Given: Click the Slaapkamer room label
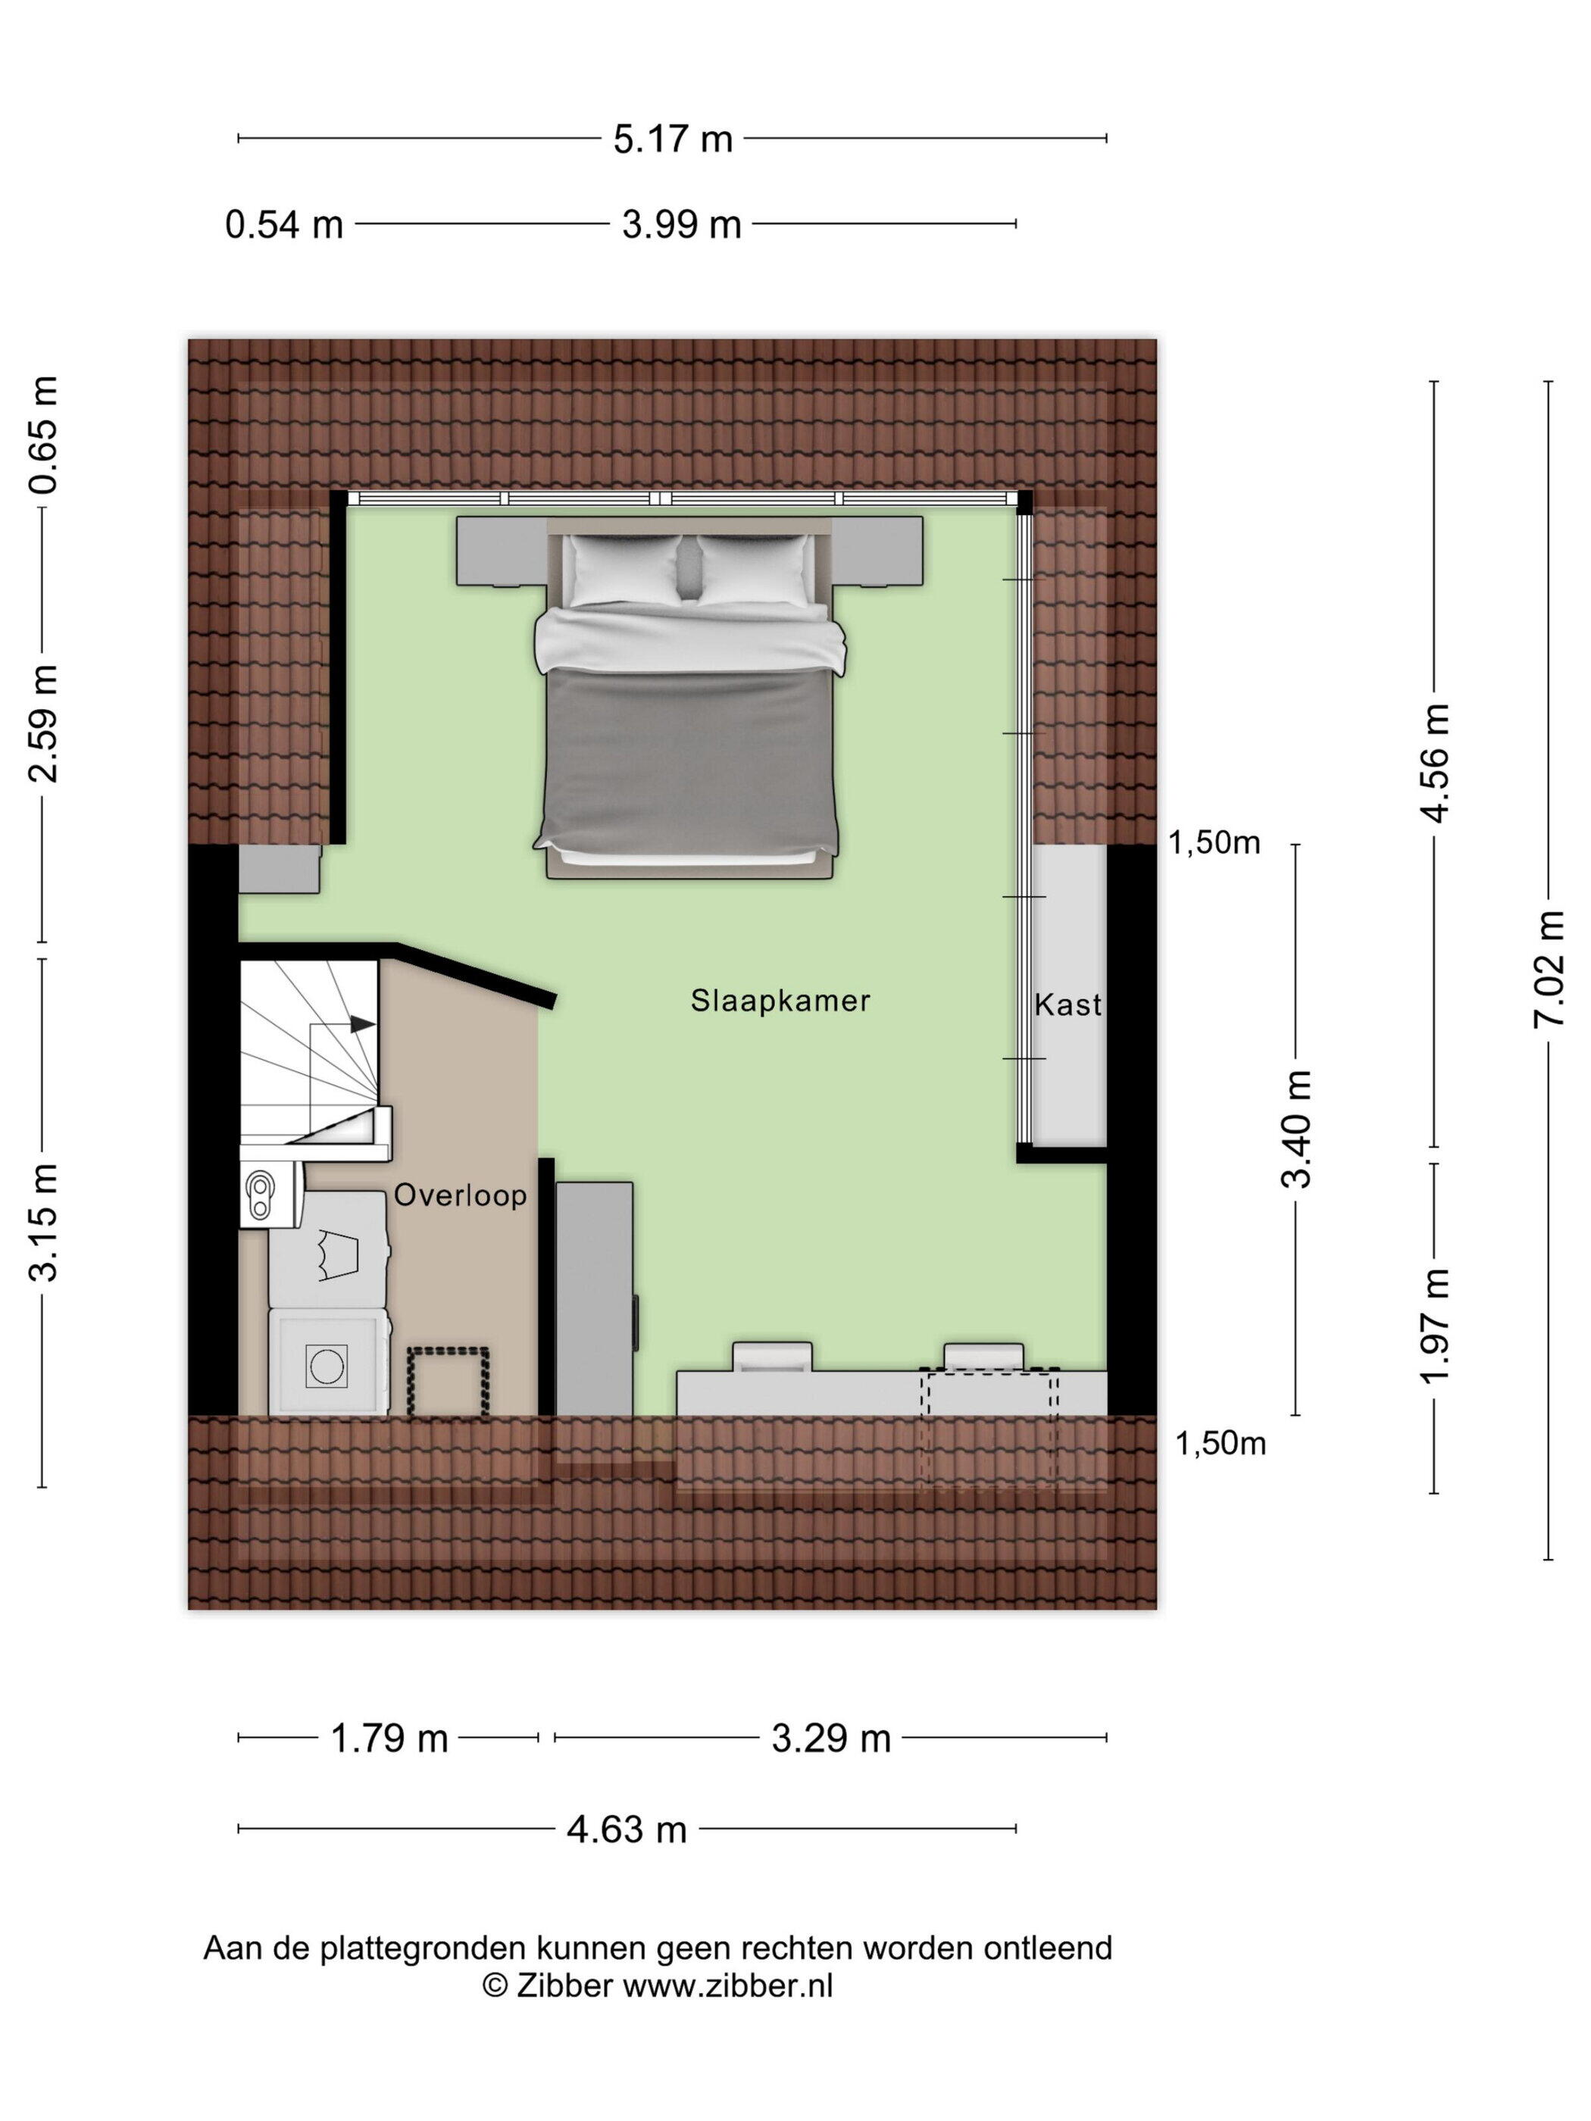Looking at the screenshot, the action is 780,1001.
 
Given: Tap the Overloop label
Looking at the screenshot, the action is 461,1195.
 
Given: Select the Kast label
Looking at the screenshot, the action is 1067,1005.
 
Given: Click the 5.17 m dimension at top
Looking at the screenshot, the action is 674,140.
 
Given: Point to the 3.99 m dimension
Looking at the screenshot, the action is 682,225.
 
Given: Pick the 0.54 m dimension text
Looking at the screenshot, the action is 284,225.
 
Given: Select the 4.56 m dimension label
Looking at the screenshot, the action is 1435,764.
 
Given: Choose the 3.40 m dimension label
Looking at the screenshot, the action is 1296,1129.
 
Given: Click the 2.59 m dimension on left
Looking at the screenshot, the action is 43,724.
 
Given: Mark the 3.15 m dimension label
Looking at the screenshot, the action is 43,1223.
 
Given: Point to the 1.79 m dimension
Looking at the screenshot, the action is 389,1738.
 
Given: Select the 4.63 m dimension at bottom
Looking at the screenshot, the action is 627,1830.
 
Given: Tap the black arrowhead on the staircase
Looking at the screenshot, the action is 362,1024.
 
